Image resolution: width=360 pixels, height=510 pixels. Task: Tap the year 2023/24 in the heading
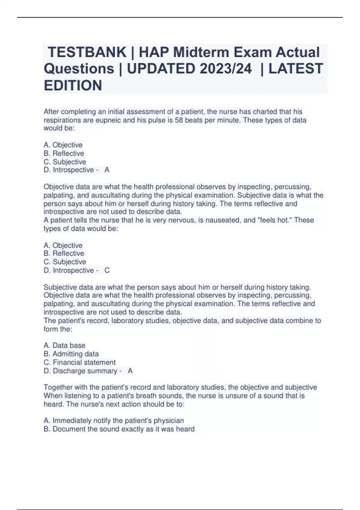pos(226,69)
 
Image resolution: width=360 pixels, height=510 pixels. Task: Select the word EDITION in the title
pos(73,85)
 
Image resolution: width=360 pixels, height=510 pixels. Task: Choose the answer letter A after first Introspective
pos(107,170)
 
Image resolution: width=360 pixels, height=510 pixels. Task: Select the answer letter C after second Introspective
pos(107,270)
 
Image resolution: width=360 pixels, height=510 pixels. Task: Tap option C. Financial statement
pos(79,362)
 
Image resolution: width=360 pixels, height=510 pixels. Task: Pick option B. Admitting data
pos(71,354)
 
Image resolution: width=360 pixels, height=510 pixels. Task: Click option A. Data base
pos(64,346)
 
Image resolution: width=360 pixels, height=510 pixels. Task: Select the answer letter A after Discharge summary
pos(130,371)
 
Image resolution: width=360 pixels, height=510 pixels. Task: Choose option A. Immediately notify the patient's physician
pos(114,421)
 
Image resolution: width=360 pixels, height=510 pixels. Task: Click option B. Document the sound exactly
pos(119,429)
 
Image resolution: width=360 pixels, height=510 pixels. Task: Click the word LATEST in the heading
pos(295,69)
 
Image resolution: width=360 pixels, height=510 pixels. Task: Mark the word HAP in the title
pos(153,52)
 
